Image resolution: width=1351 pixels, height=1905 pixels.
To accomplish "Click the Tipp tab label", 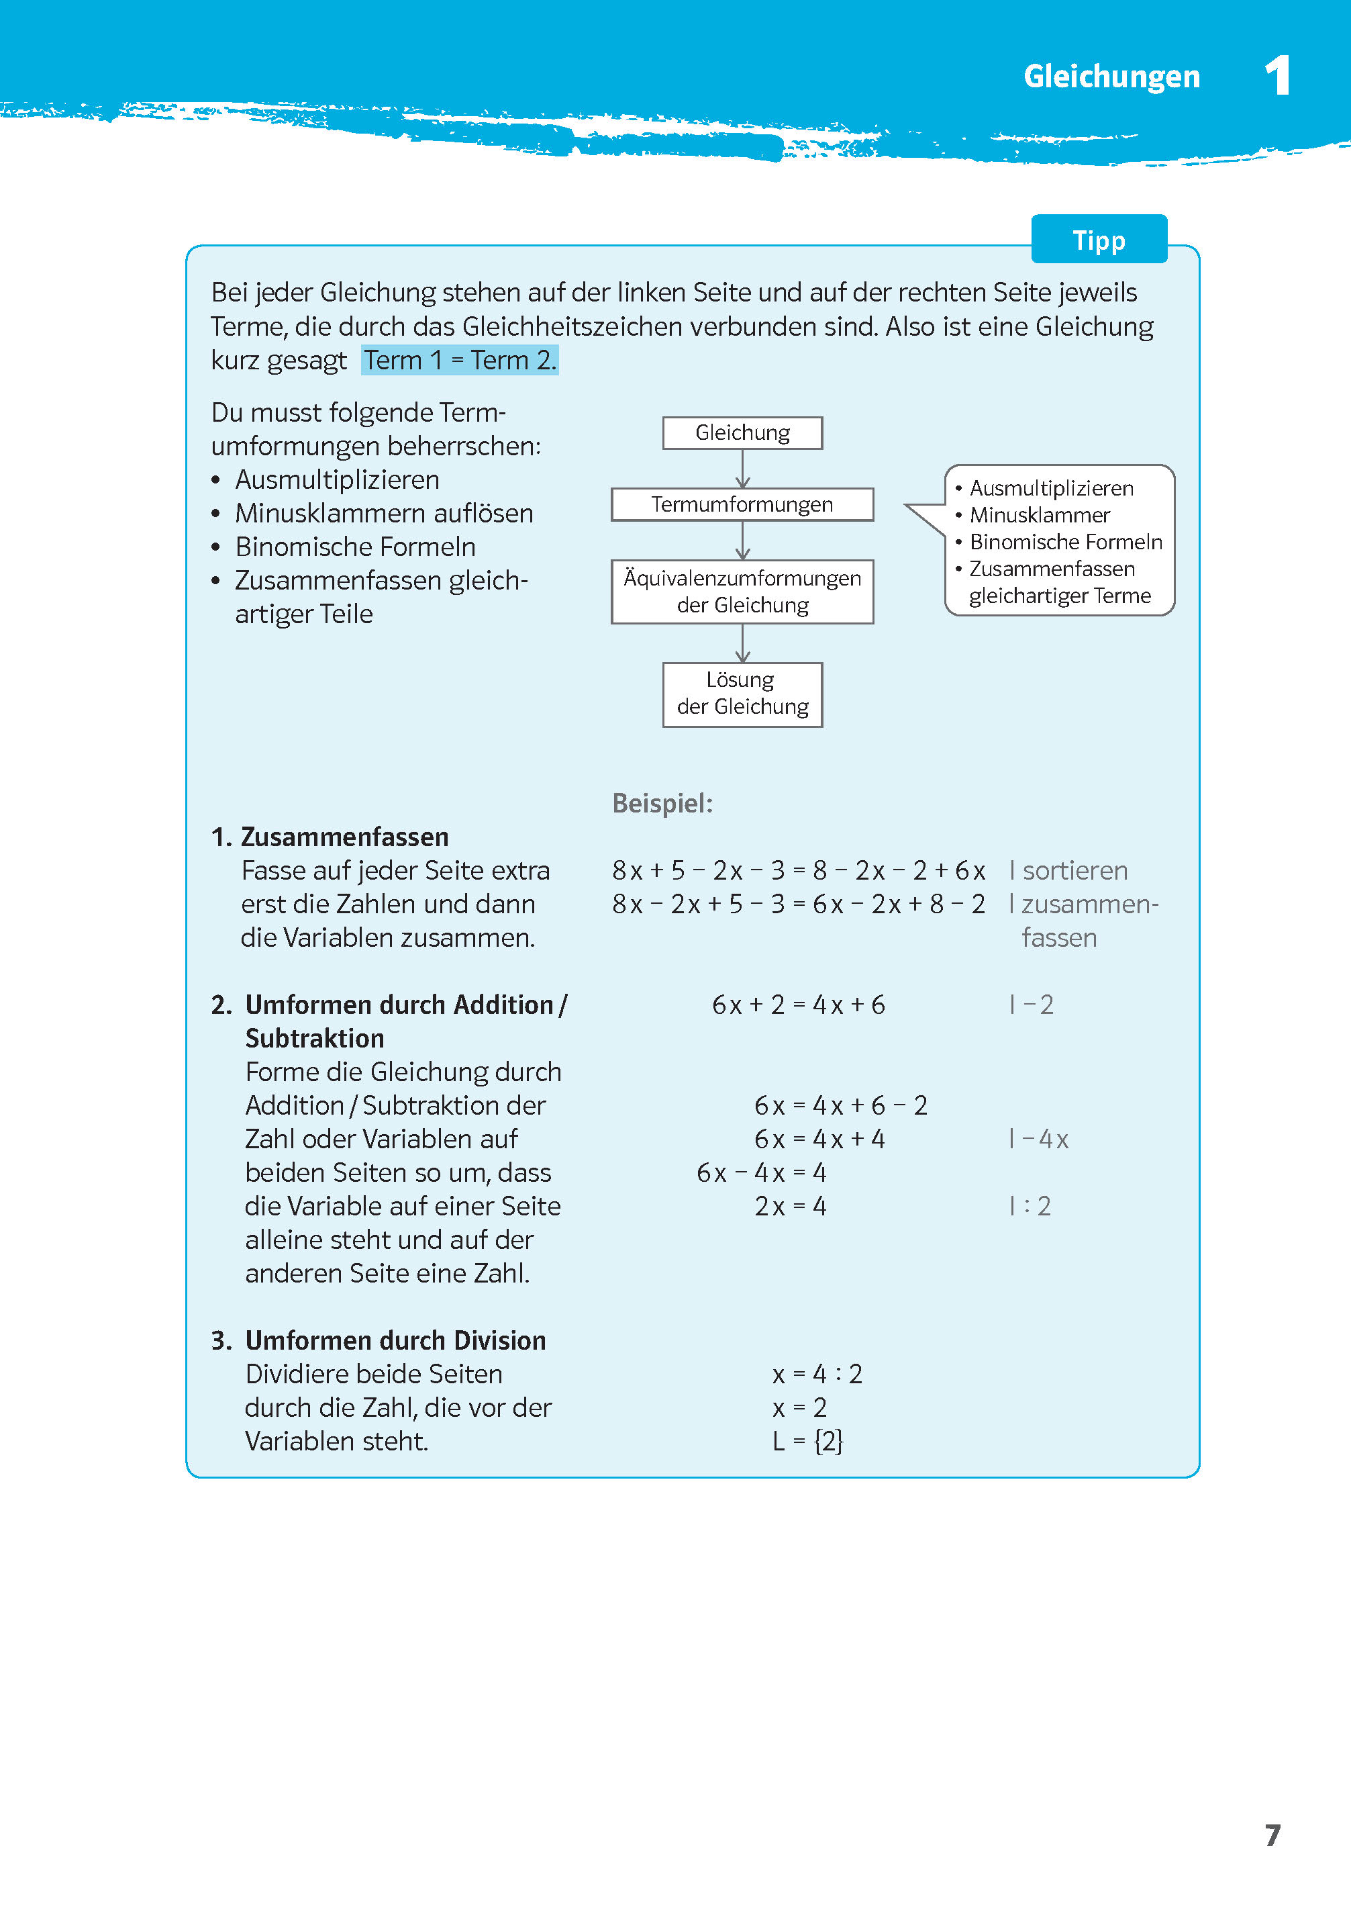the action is pyautogui.click(x=1098, y=240).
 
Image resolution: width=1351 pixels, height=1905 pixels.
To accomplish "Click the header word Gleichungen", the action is pyautogui.click(x=1111, y=77).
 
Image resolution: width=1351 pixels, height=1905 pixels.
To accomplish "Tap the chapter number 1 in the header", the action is pyautogui.click(x=1277, y=76).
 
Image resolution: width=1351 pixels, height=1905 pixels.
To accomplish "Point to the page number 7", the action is pyautogui.click(x=1272, y=1834).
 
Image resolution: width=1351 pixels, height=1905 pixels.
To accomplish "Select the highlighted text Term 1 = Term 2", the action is pyautogui.click(x=459, y=361).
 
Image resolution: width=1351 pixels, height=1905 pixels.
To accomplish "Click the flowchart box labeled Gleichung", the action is pyautogui.click(x=742, y=432).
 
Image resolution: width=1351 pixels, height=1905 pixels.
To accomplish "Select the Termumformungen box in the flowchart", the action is pyautogui.click(x=742, y=504).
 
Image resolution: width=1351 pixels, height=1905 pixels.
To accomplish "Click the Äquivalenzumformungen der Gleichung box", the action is pyautogui.click(x=742, y=591).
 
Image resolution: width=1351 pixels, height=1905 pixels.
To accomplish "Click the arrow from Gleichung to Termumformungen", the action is pyautogui.click(x=742, y=469).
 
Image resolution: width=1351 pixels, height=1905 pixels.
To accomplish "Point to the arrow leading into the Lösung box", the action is pyautogui.click(x=742, y=643).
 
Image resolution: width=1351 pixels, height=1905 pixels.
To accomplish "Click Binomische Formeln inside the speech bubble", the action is pyautogui.click(x=1065, y=542).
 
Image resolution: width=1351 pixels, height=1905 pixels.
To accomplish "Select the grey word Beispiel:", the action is pyautogui.click(x=662, y=803).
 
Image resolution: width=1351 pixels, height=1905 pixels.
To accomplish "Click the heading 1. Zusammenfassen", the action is pyautogui.click(x=330, y=837).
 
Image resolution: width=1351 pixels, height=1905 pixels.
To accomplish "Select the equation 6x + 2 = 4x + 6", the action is pyautogui.click(x=798, y=1005).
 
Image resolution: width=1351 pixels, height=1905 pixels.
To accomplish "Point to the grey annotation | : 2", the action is pyautogui.click(x=1030, y=1206).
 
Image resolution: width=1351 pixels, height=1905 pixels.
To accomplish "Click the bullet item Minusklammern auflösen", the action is pyautogui.click(x=383, y=514).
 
